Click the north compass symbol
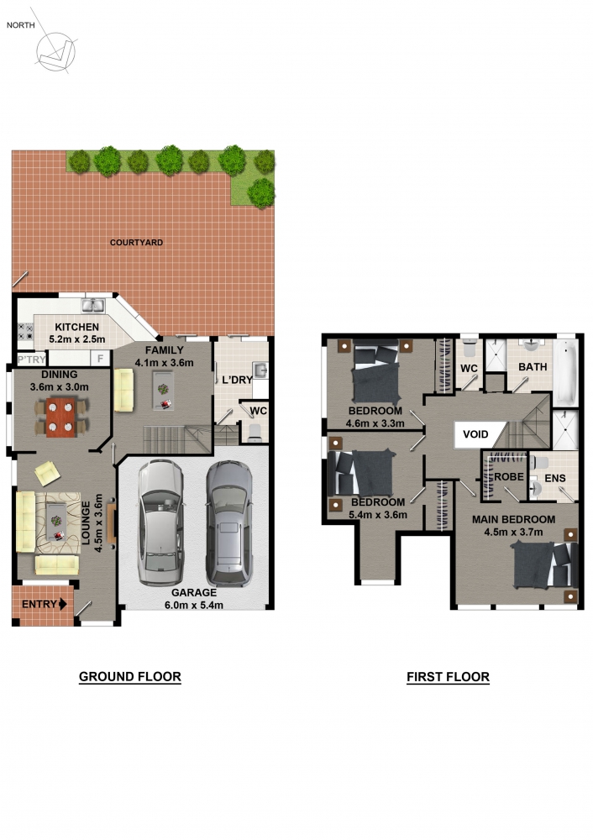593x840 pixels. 55,52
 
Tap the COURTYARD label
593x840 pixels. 136,243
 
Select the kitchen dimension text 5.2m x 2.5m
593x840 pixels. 77,339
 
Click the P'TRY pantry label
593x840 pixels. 32,360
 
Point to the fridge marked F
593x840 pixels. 100,358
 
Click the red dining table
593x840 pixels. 60,417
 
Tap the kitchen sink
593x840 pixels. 93,306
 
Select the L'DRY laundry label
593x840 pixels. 237,380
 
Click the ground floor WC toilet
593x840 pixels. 255,431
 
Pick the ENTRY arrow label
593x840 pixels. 44,604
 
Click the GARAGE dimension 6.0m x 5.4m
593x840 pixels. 194,606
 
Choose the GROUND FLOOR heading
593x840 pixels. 130,676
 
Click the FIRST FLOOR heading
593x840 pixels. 448,677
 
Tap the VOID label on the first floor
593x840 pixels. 475,434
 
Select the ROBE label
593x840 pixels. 508,477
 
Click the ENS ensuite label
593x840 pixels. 555,479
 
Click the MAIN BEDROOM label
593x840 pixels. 513,519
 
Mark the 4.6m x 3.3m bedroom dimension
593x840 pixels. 375,423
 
